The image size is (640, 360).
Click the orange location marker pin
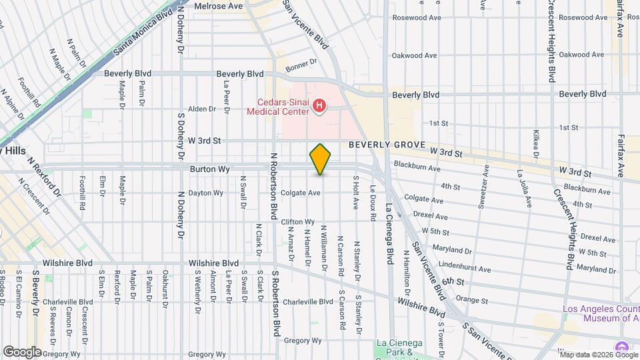click(x=321, y=159)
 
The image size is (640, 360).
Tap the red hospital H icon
click(x=319, y=105)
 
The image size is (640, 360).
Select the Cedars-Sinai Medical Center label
click(x=278, y=107)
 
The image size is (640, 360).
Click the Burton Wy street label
click(x=209, y=170)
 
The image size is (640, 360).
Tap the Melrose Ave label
click(x=218, y=6)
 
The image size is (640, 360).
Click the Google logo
click(x=22, y=351)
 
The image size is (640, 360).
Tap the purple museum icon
click(x=621, y=347)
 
